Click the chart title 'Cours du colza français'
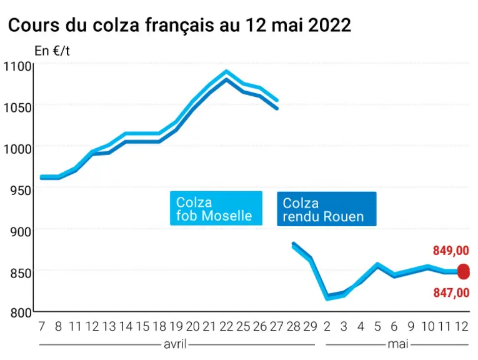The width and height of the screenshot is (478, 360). (x=111, y=25)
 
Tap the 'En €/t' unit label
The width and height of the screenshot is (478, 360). (x=52, y=51)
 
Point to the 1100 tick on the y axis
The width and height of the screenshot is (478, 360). (x=17, y=66)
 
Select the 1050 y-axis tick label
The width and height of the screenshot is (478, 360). (x=17, y=107)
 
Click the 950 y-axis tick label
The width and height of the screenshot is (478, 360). (x=21, y=191)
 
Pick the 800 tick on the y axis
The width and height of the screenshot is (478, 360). (x=21, y=313)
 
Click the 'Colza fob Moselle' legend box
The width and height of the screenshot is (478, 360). (x=216, y=209)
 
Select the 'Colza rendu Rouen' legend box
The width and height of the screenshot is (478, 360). (x=327, y=209)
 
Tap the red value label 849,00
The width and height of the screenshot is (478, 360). (x=451, y=251)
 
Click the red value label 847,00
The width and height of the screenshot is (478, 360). (x=451, y=292)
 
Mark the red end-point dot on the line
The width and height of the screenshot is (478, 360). (x=464, y=272)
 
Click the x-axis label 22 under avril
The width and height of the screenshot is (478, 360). (x=226, y=326)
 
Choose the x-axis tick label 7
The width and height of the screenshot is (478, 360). (x=42, y=326)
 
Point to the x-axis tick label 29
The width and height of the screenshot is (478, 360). (x=311, y=326)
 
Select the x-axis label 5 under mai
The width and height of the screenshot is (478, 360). (x=377, y=326)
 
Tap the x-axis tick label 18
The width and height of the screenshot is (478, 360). (x=159, y=326)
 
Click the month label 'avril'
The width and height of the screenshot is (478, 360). (x=175, y=344)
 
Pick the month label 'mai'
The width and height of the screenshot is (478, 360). (x=398, y=344)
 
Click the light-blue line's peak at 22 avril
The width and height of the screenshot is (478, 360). (x=226, y=71)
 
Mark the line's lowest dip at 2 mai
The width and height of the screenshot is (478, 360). (x=327, y=298)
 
